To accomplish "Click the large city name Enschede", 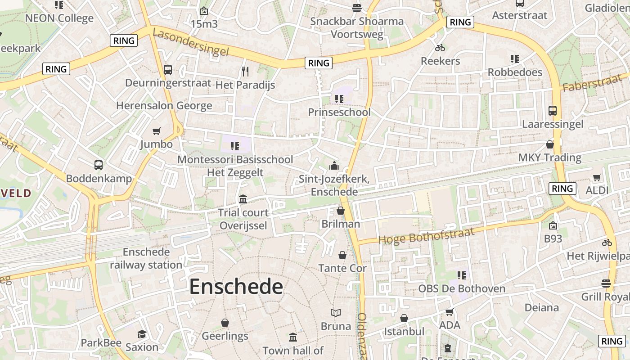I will pyautogui.click(x=236, y=287).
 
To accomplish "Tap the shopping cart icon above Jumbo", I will pyautogui.click(x=156, y=131).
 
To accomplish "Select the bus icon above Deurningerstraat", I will pyautogui.click(x=168, y=70).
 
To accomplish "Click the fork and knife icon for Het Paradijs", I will pyautogui.click(x=245, y=71).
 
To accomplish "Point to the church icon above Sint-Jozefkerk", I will pyautogui.click(x=334, y=166).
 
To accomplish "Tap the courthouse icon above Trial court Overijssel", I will pyautogui.click(x=243, y=199).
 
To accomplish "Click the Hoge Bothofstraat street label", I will pyautogui.click(x=426, y=236).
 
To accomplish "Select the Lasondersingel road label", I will pyautogui.click(x=191, y=43).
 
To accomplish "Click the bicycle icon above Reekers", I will pyautogui.click(x=440, y=48).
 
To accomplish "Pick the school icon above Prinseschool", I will pyautogui.click(x=339, y=99).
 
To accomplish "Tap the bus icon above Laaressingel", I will pyautogui.click(x=553, y=110).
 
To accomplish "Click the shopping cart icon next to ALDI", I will pyautogui.click(x=597, y=177).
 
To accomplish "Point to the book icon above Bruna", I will pyautogui.click(x=336, y=313).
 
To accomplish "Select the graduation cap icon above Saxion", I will pyautogui.click(x=142, y=334).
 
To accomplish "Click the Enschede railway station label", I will pyautogui.click(x=146, y=258).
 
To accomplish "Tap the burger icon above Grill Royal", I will pyautogui.click(x=606, y=283).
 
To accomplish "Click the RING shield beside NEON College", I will pyautogui.click(x=124, y=40).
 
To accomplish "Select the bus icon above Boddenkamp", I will pyautogui.click(x=99, y=165).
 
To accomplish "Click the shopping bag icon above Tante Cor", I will pyautogui.click(x=342, y=255).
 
